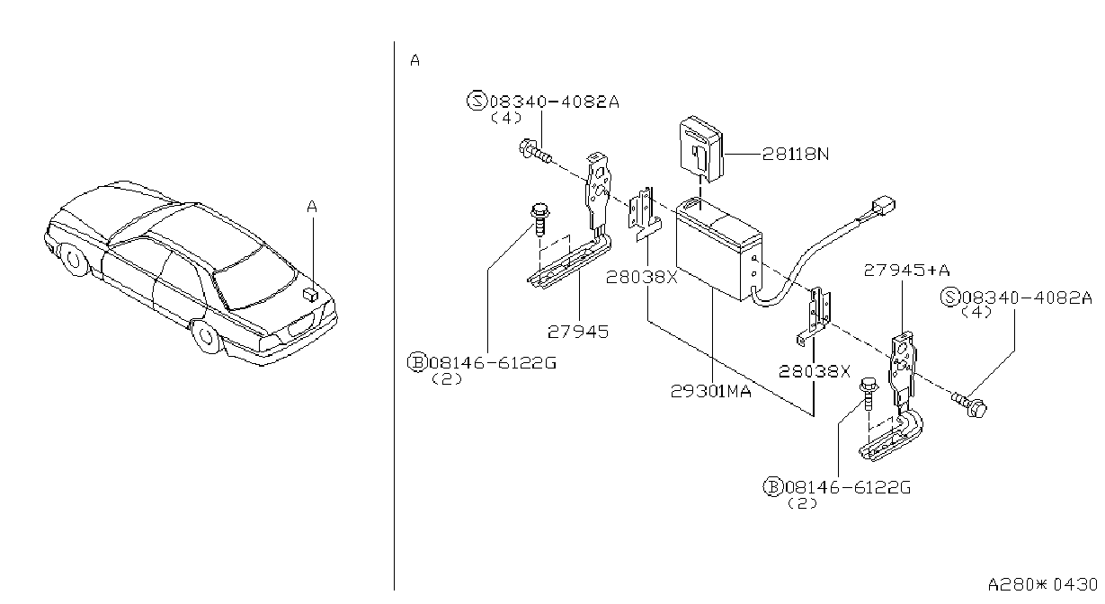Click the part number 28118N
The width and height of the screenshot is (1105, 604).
(x=796, y=155)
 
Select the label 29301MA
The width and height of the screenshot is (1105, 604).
(x=711, y=391)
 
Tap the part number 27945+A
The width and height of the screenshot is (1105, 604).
(x=906, y=271)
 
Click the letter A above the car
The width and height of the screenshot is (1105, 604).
(x=312, y=207)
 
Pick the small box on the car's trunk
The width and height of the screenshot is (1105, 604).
(x=310, y=294)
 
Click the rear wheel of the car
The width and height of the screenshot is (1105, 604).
(x=205, y=336)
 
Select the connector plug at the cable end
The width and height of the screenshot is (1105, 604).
(x=883, y=206)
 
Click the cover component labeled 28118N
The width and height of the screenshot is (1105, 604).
(x=701, y=149)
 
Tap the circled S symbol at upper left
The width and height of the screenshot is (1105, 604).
(x=477, y=101)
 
